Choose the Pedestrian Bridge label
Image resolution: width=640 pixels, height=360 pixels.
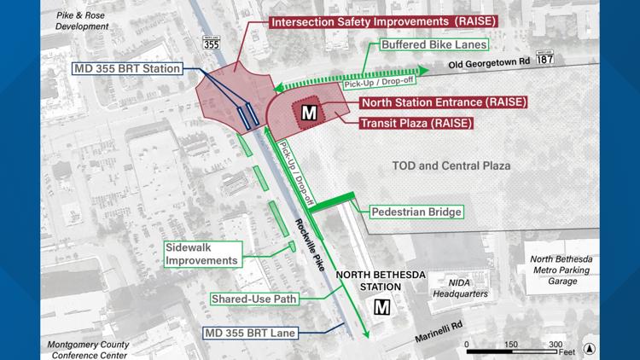(x=416, y=212)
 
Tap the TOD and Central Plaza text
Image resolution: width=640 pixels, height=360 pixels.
(x=451, y=165)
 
